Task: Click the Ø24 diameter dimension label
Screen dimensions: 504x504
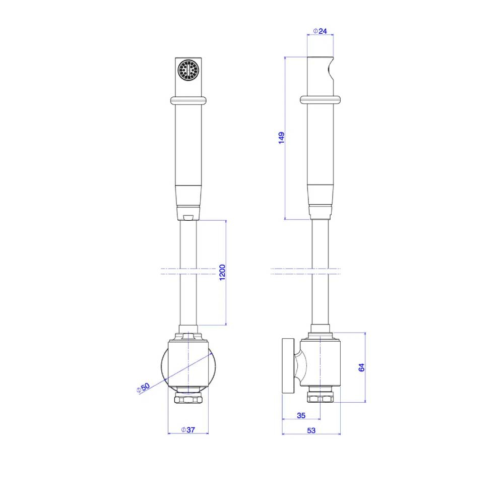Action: pos(320,31)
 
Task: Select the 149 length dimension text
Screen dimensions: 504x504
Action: pos(281,138)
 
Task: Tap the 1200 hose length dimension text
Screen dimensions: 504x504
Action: pos(222,272)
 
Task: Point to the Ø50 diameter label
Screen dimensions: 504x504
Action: pos(143,388)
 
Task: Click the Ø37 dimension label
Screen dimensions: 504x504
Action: pos(188,430)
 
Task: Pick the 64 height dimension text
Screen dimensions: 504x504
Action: pos(361,367)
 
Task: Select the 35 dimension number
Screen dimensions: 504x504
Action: pos(301,415)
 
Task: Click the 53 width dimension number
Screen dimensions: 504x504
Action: pos(311,430)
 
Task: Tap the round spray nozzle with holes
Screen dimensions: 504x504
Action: pos(188,70)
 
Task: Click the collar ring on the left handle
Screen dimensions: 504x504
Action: pos(188,100)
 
